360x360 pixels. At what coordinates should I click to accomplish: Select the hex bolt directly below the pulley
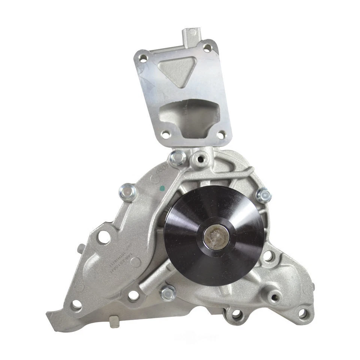tap(168, 292)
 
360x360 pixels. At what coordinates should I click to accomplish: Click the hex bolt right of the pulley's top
tap(263, 195)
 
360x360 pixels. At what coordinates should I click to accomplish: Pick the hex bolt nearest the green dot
tap(128, 192)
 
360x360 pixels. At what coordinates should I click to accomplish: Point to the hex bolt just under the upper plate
tap(176, 159)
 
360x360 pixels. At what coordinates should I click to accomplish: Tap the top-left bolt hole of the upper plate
tap(143, 58)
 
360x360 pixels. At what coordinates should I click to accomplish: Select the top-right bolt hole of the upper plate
tap(207, 48)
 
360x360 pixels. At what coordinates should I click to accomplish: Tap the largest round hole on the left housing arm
tap(104, 237)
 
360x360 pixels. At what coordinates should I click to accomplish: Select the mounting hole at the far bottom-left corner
tap(76, 305)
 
